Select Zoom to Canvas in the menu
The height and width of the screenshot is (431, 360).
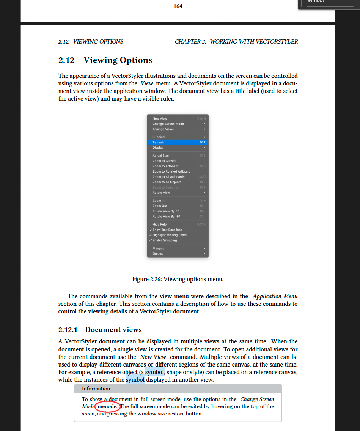pos(164,161)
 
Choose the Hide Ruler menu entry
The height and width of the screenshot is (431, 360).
pos(160,225)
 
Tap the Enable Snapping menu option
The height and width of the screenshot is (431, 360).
pos(165,241)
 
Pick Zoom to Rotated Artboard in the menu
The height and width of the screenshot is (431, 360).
pos(171,171)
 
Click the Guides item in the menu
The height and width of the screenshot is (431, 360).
pos(158,254)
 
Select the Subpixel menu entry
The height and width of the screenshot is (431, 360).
pos(159,137)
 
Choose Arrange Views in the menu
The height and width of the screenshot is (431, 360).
pos(163,129)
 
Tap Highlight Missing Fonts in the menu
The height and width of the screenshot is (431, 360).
pos(170,235)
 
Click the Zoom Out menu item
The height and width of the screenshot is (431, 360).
pos(160,206)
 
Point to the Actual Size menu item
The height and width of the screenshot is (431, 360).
pos(160,156)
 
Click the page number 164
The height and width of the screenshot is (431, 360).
pos(178,6)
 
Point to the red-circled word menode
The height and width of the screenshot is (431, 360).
pos(108,406)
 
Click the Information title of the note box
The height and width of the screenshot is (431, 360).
pos(96,389)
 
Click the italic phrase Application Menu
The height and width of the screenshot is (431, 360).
pos(275,296)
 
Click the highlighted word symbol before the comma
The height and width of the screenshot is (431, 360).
pos(154,372)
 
